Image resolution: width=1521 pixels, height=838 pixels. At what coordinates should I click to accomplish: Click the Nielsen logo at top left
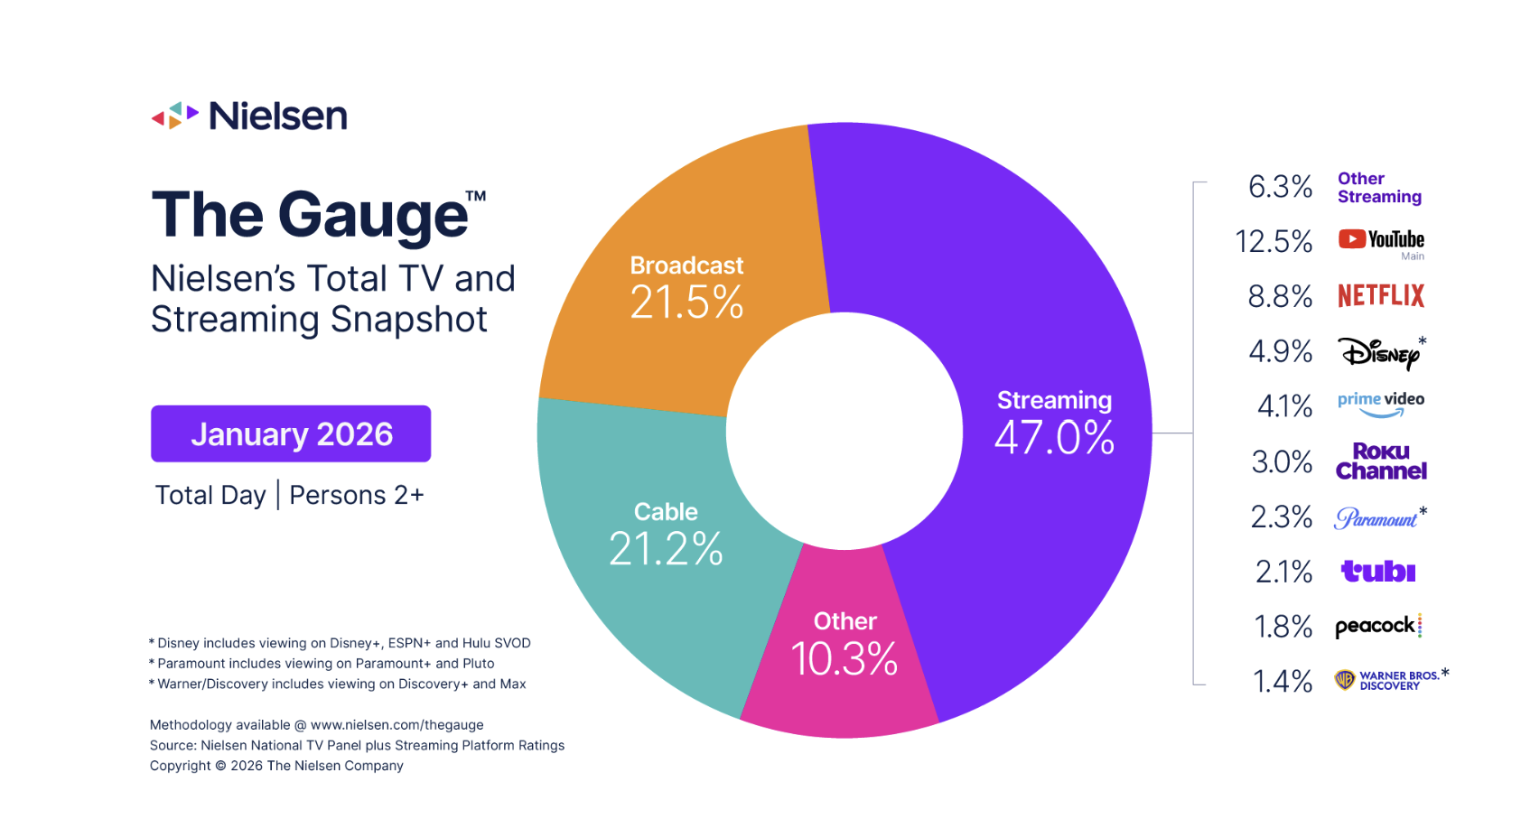pos(249,116)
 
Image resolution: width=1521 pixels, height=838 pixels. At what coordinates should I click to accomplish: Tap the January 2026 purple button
pos(291,434)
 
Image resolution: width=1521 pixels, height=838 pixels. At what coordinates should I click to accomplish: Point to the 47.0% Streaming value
pos(1054,438)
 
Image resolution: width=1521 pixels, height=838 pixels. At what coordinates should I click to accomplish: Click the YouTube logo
pos(1381,239)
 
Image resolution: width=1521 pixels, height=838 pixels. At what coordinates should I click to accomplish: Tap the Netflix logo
pos(1381,295)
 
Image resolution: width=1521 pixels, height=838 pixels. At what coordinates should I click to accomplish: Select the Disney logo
pos(1378,352)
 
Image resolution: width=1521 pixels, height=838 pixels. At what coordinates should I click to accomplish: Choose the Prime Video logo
pos(1381,404)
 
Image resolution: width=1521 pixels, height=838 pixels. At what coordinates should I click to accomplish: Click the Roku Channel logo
pos(1381,461)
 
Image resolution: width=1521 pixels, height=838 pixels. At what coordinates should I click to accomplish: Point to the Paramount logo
pos(1376,518)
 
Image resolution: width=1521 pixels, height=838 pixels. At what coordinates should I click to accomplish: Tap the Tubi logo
pos(1378,572)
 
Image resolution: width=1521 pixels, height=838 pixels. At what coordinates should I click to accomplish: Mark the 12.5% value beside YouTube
pos(1274,241)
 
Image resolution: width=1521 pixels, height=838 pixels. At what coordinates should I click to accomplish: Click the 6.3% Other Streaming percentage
pos(1280,187)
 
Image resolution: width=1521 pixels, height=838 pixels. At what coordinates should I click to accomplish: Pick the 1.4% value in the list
pos(1283,681)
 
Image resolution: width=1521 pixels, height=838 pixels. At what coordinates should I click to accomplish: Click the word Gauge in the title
pos(372,216)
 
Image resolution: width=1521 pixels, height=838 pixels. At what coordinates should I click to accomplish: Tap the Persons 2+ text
pos(357,495)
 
